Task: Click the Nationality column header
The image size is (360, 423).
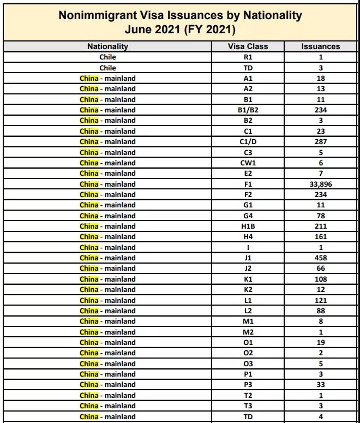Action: [x=107, y=46]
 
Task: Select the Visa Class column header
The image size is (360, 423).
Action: [x=248, y=46]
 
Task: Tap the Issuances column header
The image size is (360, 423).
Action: [x=321, y=46]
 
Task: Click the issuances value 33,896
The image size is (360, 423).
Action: [x=321, y=184]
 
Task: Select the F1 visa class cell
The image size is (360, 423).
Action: [x=248, y=184]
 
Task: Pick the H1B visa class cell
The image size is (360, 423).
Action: [x=248, y=226]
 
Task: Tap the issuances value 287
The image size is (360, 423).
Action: [x=321, y=141]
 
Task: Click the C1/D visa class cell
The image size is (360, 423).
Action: [x=248, y=141]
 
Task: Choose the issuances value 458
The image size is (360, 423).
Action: [x=321, y=258]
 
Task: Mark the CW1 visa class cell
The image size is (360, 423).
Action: [x=248, y=163]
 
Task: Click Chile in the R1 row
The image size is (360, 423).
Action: [x=107, y=57]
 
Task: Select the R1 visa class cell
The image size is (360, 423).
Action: [x=248, y=57]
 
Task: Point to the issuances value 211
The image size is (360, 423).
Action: [x=321, y=226]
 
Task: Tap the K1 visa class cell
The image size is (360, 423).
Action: [x=248, y=279]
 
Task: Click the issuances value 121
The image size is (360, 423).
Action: [x=321, y=300]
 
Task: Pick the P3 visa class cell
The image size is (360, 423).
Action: [x=248, y=385]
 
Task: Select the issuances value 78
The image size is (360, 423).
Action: [x=321, y=216]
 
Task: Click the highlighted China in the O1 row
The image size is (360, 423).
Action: [x=89, y=342]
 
